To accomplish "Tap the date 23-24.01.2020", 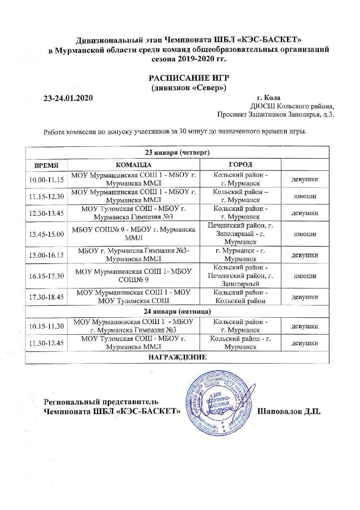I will click(67, 98).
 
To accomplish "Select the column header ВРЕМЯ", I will click(46, 165).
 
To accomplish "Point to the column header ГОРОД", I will click(240, 165).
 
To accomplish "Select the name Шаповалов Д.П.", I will click(289, 411).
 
